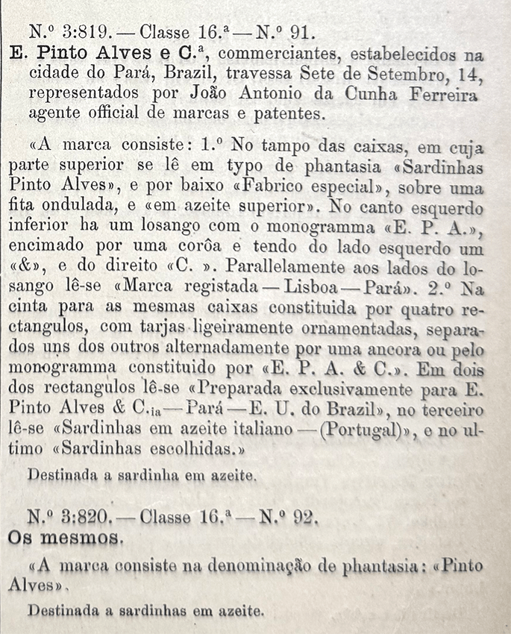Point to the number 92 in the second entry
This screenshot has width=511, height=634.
301,516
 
